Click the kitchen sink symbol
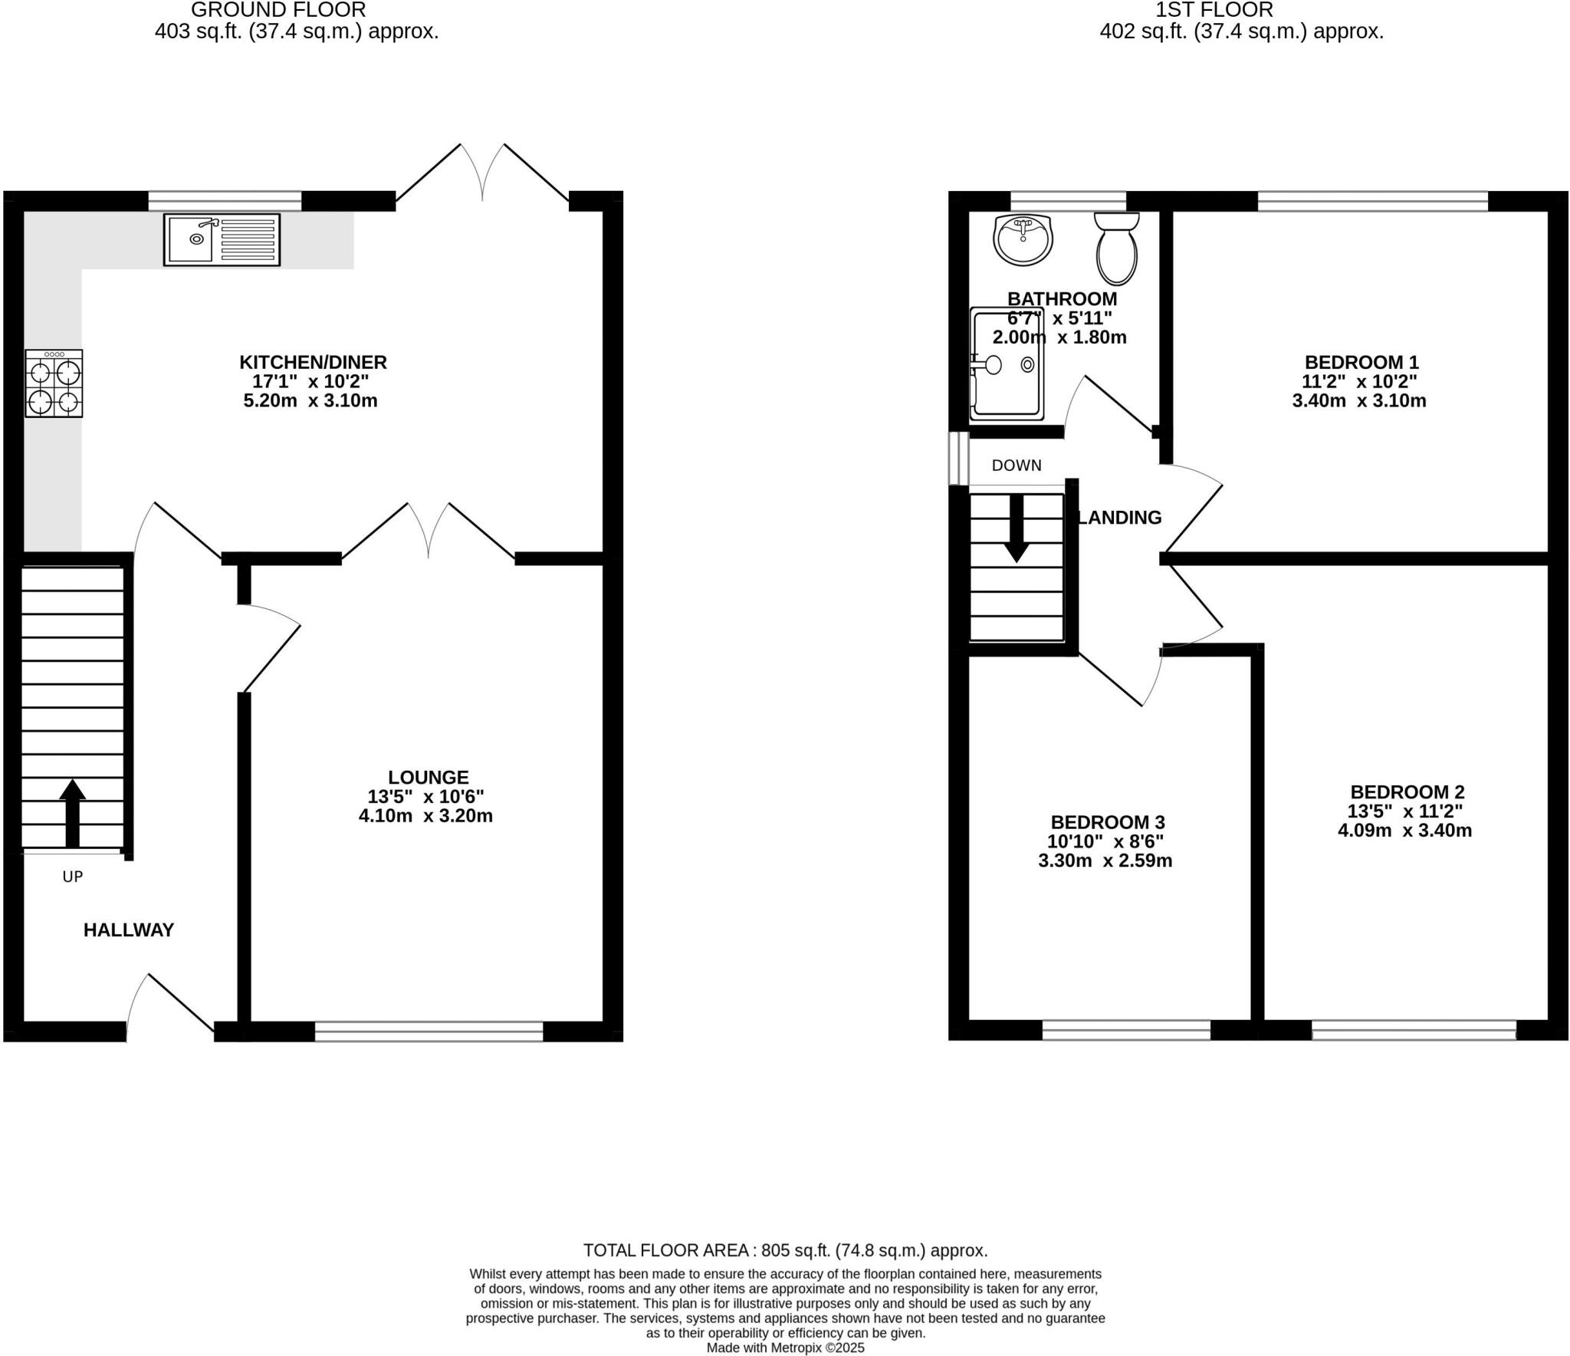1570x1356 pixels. point(222,240)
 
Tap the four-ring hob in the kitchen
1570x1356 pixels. point(54,383)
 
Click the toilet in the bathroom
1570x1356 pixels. point(1117,249)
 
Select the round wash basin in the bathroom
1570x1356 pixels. point(1023,239)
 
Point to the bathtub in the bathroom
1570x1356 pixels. point(1007,364)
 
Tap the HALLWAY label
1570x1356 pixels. point(129,930)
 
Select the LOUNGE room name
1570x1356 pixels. point(428,777)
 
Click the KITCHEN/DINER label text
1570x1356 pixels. point(313,362)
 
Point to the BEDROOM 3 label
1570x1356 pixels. point(1107,823)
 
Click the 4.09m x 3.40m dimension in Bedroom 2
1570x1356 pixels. point(1404,831)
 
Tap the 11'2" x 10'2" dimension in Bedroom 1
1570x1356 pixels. point(1359,381)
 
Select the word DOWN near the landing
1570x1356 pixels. point(1017,466)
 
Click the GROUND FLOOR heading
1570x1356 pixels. point(278,10)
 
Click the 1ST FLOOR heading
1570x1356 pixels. point(1214,10)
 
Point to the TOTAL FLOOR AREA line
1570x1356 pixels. point(785,1250)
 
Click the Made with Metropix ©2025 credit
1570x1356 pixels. point(785,1348)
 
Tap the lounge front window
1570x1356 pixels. point(429,1031)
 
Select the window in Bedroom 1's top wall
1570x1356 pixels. point(1372,202)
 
